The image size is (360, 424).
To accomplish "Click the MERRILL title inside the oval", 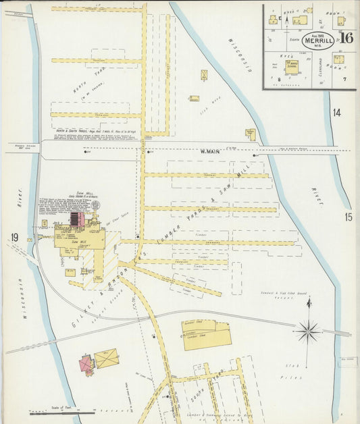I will [x=317, y=41].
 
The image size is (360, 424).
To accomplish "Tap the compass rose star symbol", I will [x=308, y=331].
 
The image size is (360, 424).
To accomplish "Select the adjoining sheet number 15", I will [x=348, y=217].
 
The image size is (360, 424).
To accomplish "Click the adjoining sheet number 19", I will [x=14, y=236].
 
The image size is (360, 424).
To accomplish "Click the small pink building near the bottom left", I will [x=86, y=365].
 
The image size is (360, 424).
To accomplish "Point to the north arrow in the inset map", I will [x=286, y=20].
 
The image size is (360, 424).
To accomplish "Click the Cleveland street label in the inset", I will [x=321, y=68].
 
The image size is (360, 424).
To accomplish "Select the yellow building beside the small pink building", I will [x=106, y=359].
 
